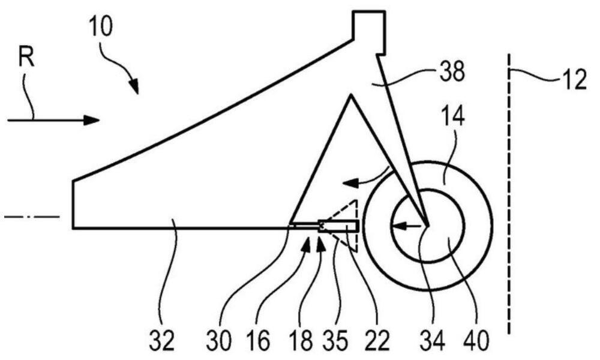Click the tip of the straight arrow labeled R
click(100, 120)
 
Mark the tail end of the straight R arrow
click(8, 120)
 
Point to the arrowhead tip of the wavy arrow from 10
click(137, 94)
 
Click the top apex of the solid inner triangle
click(350, 95)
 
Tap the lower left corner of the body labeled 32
click(73, 229)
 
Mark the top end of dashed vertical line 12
click(509, 55)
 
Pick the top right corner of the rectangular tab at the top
click(385, 12)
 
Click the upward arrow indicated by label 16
click(307, 244)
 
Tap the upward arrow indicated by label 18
click(321, 244)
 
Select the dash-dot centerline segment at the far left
click(32, 217)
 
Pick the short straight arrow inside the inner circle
click(406, 226)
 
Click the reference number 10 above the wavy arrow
click(101, 27)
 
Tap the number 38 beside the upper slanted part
click(452, 71)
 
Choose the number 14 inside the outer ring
click(452, 116)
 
